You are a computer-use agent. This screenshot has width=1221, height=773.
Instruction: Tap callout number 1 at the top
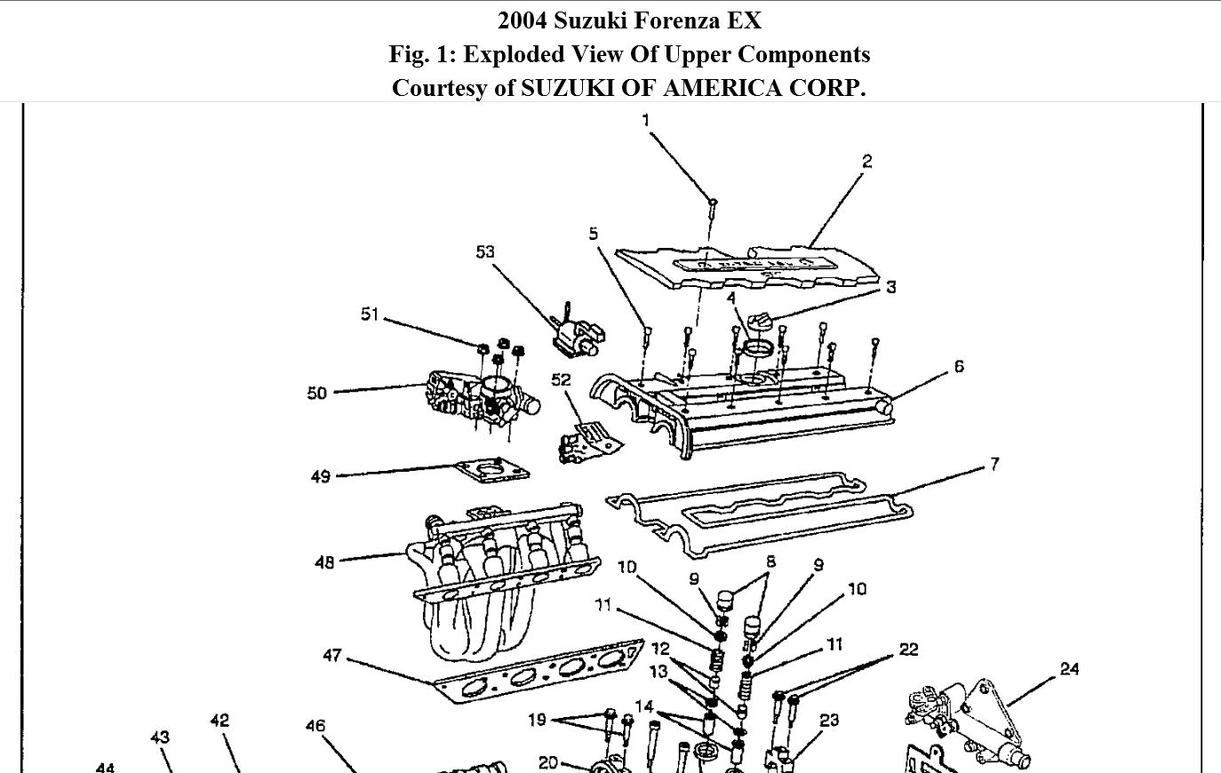pos(646,120)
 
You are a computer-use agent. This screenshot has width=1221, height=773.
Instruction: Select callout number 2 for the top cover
pos(866,161)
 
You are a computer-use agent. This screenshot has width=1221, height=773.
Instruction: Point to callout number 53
pos(484,252)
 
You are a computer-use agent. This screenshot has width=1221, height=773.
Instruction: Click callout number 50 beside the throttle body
pos(317,393)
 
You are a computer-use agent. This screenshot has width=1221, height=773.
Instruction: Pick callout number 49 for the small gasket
pos(321,477)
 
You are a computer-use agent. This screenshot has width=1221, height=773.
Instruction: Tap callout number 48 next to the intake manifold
pos(324,562)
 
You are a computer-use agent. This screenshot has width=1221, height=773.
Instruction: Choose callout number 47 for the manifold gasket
pos(331,656)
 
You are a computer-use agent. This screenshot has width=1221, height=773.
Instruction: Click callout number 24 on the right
pos(1069,669)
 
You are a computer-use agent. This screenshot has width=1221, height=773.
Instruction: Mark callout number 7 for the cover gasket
pos(994,464)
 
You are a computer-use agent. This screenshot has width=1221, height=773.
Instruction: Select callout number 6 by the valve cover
pos(959,366)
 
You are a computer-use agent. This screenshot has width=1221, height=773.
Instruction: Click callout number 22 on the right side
pos(908,649)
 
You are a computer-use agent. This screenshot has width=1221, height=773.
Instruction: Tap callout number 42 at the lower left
pos(219,721)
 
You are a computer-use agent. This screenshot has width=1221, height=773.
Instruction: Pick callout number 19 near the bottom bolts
pos(537,719)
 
